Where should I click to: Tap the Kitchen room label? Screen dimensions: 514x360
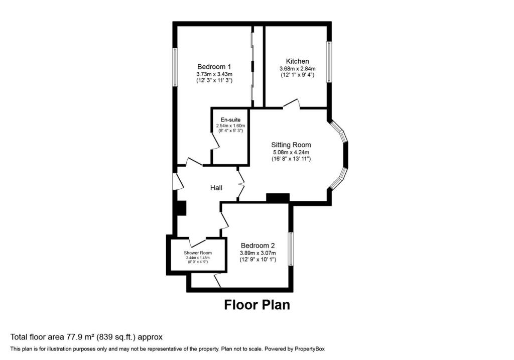pyautogui.click(x=297, y=61)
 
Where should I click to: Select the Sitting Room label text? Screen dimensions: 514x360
pyautogui.click(x=291, y=145)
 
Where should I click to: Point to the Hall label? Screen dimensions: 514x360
pyautogui.click(x=216, y=188)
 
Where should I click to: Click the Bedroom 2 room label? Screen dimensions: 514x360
pyautogui.click(x=258, y=246)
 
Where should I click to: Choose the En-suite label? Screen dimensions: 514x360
pyautogui.click(x=230, y=120)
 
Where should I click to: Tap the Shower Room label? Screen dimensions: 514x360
pyautogui.click(x=198, y=253)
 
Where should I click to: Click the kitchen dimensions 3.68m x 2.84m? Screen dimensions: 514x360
pyautogui.click(x=297, y=69)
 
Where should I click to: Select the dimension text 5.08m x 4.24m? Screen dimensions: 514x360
pyautogui.click(x=291, y=153)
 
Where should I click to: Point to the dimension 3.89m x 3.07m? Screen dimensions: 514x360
pyautogui.click(x=258, y=253)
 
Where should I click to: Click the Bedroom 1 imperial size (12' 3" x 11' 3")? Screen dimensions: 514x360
pyautogui.click(x=214, y=80)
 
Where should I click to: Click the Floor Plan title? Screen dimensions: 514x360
pyautogui.click(x=257, y=305)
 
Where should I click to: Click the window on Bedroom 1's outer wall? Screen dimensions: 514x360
pyautogui.click(x=175, y=68)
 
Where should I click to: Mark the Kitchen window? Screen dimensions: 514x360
pyautogui.click(x=329, y=62)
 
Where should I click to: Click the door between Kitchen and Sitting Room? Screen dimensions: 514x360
pyautogui.click(x=292, y=103)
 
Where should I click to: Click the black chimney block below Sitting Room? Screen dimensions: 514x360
pyautogui.click(x=278, y=198)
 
